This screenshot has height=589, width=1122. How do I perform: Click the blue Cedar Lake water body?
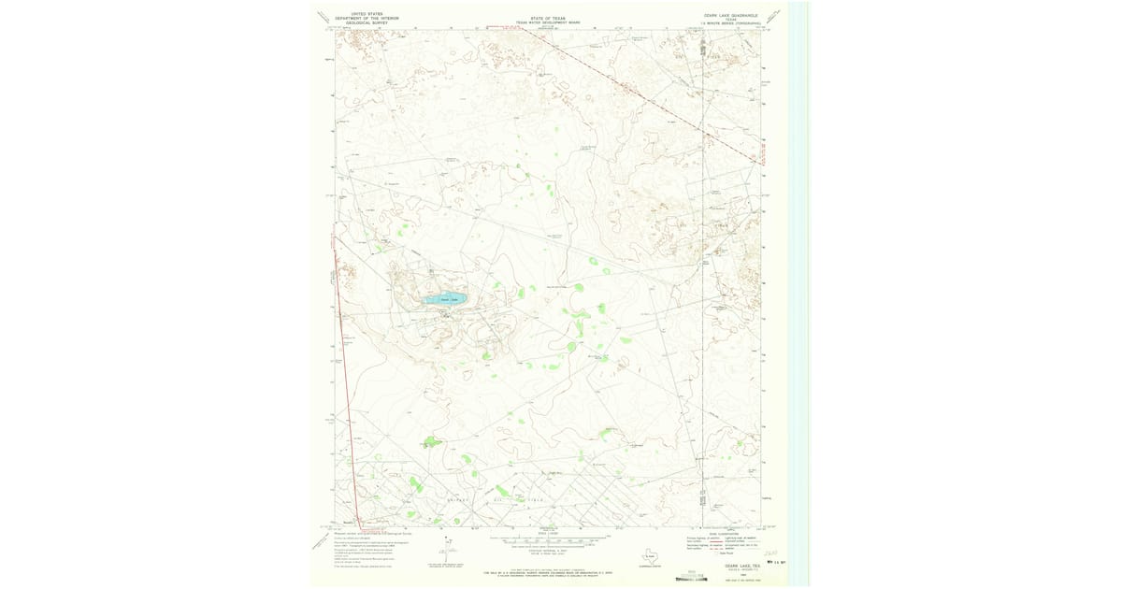(446, 299)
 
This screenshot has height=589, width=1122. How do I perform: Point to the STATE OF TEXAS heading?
(548, 18)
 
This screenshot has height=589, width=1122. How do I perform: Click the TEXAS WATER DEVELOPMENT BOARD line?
(548, 22)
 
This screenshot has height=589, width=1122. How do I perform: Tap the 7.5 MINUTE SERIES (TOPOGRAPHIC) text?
(730, 24)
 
